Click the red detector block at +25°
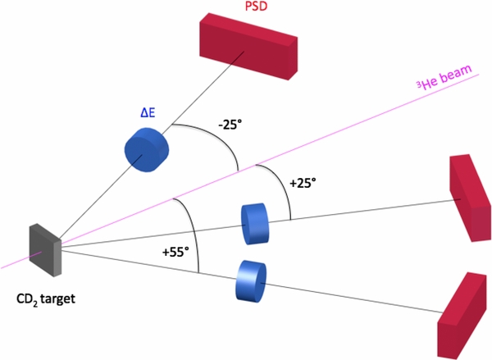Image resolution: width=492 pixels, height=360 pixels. tap(469, 197)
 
